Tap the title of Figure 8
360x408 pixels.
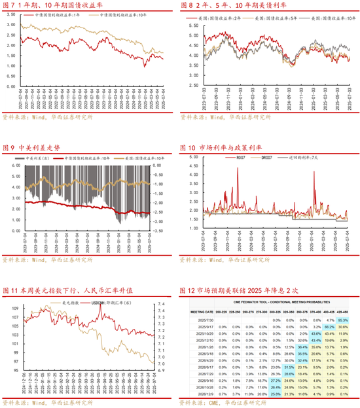click(230, 6)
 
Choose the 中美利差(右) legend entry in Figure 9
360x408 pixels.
click(32, 158)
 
